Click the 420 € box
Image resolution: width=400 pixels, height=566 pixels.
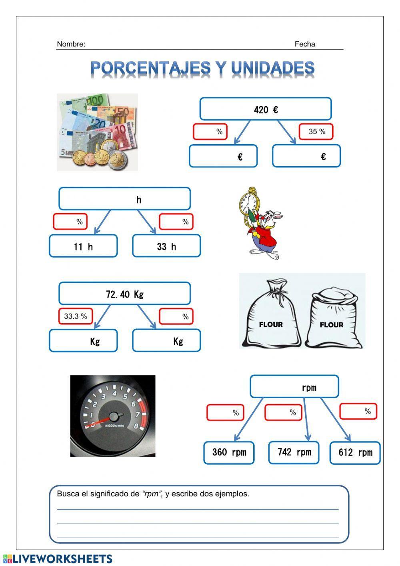coord(266,109)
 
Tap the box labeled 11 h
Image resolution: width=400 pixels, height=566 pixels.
coord(83,246)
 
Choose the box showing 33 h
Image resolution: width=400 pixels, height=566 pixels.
coord(166,246)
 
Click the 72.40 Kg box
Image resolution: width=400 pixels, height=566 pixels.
coord(124,294)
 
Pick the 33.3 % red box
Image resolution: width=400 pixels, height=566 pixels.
coord(76,316)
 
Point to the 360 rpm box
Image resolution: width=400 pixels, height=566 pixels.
coord(229,453)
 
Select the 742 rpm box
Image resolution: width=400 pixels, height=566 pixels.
coord(294,453)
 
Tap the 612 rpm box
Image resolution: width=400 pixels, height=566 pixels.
coord(355,453)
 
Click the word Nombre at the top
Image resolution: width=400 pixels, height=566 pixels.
coord(71,44)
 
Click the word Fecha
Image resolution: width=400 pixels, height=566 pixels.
coord(305,44)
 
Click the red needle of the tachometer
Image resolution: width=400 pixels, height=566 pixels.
coord(102,420)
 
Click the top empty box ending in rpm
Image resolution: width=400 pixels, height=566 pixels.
coord(294,387)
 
